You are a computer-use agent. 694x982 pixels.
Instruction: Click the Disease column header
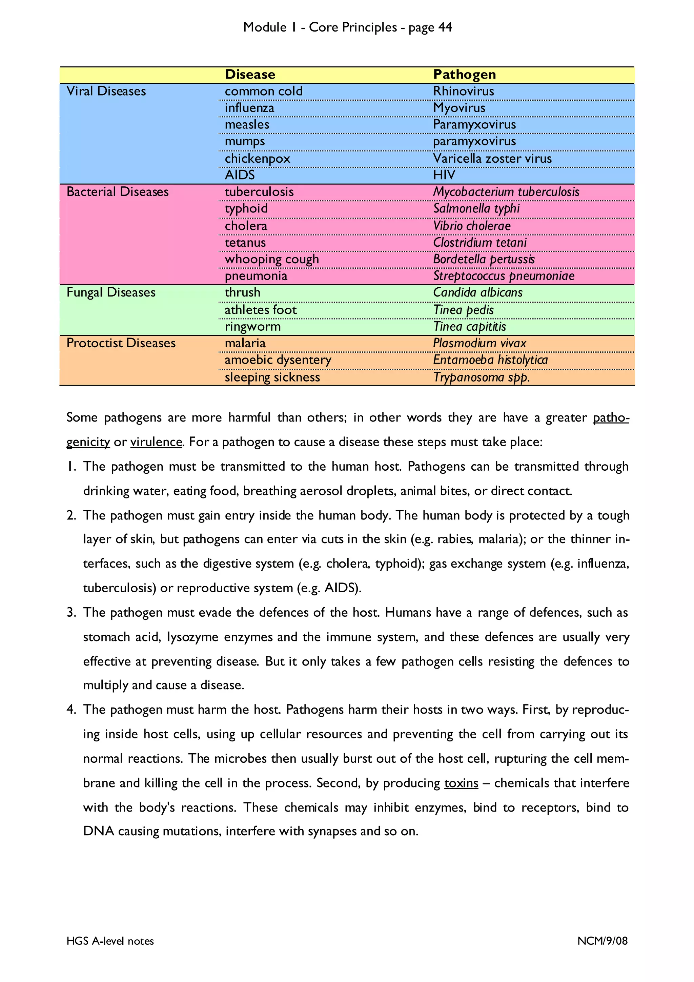pyautogui.click(x=250, y=75)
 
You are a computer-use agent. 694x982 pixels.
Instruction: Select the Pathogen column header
pyautogui.click(x=464, y=75)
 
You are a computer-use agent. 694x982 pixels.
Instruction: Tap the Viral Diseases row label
pyautogui.click(x=106, y=91)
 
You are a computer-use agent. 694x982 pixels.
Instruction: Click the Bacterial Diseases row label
pyautogui.click(x=118, y=191)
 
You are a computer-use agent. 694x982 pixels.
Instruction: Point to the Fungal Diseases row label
pyautogui.click(x=111, y=292)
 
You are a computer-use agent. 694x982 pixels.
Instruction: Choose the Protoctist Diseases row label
pyautogui.click(x=121, y=343)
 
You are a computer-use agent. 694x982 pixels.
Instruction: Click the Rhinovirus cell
pyautogui.click(x=463, y=91)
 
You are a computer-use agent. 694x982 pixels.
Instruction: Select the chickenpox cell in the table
pyautogui.click(x=258, y=159)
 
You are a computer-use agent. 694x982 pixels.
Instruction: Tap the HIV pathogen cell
pyautogui.click(x=444, y=175)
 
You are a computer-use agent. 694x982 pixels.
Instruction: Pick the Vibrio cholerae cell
pyautogui.click(x=472, y=226)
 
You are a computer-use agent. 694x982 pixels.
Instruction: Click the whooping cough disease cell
pyautogui.click(x=271, y=259)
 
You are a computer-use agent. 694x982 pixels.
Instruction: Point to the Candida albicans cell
pyautogui.click(x=477, y=292)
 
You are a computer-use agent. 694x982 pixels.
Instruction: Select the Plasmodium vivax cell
pyautogui.click(x=479, y=343)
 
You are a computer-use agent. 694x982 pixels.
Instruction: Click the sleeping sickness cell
pyautogui.click(x=272, y=377)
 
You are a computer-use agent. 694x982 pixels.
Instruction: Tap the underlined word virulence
pyautogui.click(x=156, y=442)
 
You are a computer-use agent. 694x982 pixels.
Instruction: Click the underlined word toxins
pyautogui.click(x=461, y=783)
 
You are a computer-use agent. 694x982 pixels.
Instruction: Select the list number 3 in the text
pyautogui.click(x=71, y=612)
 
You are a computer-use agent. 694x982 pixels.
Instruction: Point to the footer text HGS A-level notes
pyautogui.click(x=110, y=941)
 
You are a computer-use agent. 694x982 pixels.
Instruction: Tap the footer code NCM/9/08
pyautogui.click(x=602, y=941)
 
